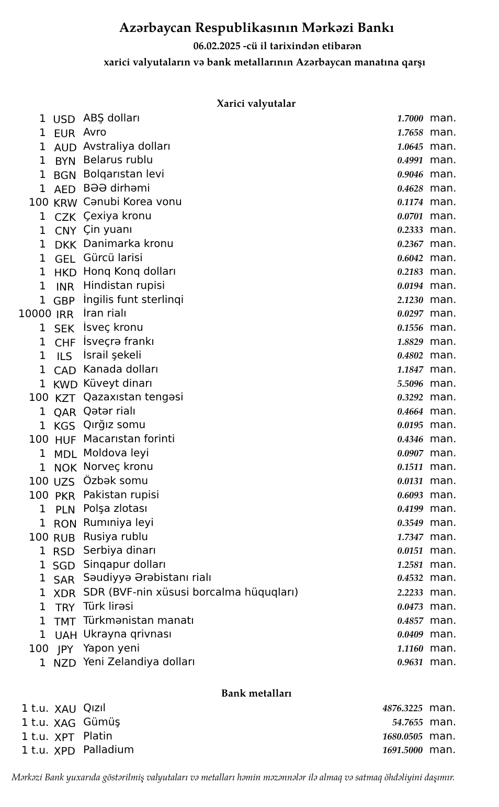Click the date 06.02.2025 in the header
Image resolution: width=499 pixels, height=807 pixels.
tap(217, 46)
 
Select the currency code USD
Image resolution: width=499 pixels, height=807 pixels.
tap(64, 119)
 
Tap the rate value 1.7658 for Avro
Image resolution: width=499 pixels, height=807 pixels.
tap(410, 133)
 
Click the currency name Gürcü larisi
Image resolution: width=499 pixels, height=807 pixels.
tap(112, 257)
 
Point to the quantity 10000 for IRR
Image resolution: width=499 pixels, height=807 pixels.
tap(35, 314)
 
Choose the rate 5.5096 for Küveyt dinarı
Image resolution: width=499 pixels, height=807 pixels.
tap(410, 384)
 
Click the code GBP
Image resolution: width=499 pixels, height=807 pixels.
tap(64, 300)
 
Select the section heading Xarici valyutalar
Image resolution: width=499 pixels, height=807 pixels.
tap(256, 104)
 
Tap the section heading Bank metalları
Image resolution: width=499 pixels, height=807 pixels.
tap(256, 693)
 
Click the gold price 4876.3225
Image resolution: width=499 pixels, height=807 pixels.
tap(402, 709)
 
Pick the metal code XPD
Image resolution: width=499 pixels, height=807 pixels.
tap(64, 751)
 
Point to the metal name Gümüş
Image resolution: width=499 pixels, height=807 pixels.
tap(101, 722)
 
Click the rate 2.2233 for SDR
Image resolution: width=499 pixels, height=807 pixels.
tap(410, 592)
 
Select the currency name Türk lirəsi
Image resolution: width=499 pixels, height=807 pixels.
tap(108, 606)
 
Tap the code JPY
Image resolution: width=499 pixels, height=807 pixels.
tap(65, 649)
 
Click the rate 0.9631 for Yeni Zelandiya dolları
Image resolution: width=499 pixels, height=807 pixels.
tap(410, 662)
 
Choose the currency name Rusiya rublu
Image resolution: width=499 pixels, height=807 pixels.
tap(116, 536)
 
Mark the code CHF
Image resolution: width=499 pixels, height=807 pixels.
tap(65, 343)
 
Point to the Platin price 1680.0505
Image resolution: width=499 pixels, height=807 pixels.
tap(402, 736)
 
